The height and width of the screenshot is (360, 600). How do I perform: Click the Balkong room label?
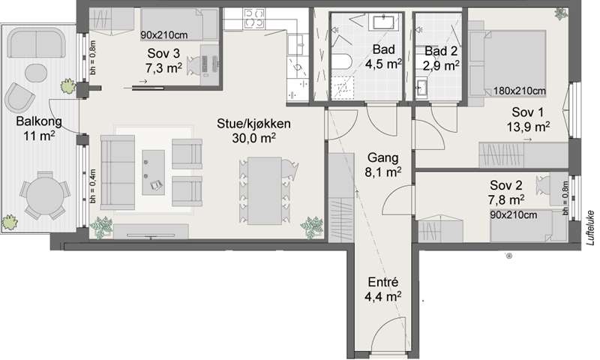coord(39,121)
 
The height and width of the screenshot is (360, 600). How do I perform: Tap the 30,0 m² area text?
coord(254,138)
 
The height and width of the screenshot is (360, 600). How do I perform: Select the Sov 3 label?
coord(163,53)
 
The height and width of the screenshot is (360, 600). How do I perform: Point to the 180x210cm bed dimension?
coord(519,91)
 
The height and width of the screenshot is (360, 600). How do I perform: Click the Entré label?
coord(383,282)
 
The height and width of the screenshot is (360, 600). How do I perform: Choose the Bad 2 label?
coord(441,51)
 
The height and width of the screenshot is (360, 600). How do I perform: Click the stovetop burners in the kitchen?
coord(254,18)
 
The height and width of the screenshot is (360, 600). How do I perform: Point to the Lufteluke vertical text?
coord(591,228)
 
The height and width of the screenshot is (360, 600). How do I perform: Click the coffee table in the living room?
coord(154,172)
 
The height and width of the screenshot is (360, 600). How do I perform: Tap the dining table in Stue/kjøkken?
coord(265,190)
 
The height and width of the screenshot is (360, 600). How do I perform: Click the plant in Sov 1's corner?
coord(561,14)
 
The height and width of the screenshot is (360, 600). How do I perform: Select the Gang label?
coord(382,157)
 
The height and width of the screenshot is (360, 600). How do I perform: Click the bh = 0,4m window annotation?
coord(92,186)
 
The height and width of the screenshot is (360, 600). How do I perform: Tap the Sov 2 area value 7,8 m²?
coord(505,199)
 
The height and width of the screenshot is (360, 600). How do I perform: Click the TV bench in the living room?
coord(151,232)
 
